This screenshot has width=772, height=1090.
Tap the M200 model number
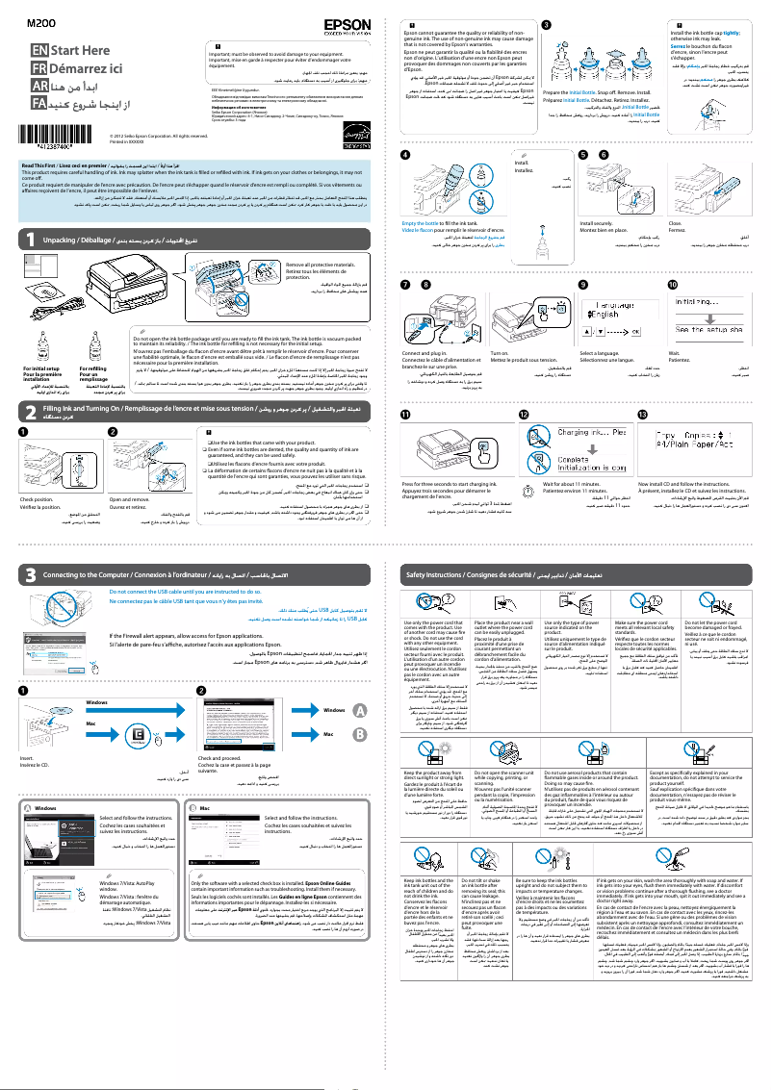tap(38, 21)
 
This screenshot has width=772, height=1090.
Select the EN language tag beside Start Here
tap(38, 49)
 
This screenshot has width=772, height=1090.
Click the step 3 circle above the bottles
tap(547, 23)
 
